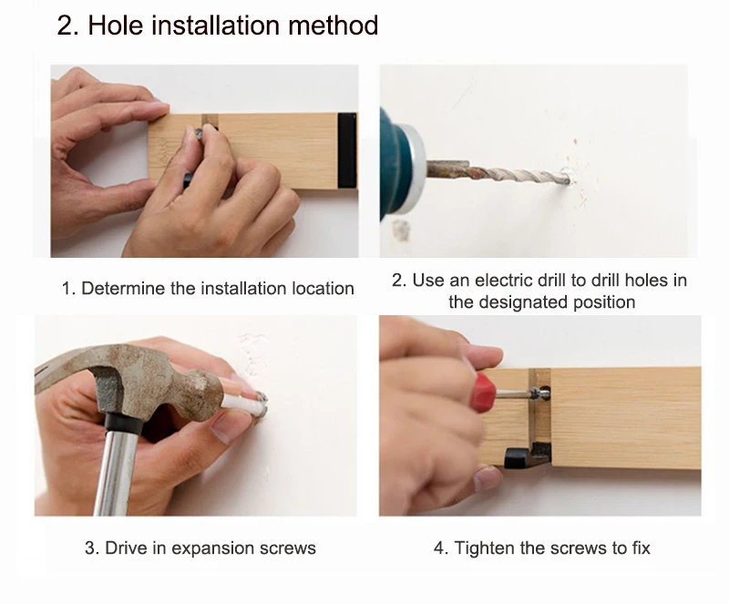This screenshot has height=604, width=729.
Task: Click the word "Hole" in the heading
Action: click(x=115, y=25)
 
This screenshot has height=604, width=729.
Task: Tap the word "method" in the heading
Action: click(x=333, y=25)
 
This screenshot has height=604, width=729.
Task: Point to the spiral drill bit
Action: click(x=498, y=173)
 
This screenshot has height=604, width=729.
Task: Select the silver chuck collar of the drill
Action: click(x=415, y=169)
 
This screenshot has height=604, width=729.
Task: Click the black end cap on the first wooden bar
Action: click(x=347, y=150)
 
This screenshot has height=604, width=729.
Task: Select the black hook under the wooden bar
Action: click(x=528, y=455)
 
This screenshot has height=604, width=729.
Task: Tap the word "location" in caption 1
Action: click(x=323, y=288)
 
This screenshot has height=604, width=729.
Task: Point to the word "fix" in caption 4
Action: click(x=642, y=548)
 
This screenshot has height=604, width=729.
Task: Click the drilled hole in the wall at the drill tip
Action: click(x=569, y=178)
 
